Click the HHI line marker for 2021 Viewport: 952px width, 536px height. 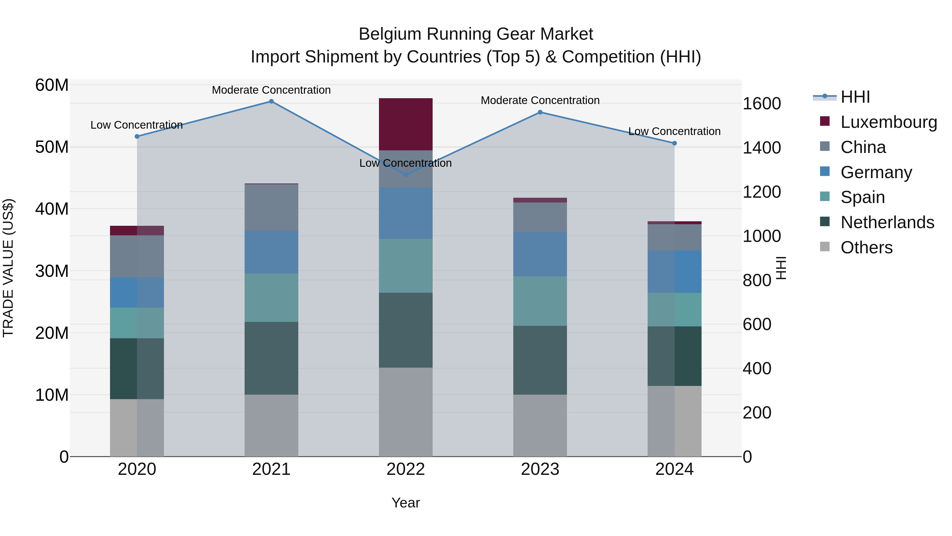271,101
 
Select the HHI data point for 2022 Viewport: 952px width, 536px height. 405,175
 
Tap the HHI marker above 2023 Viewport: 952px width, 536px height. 540,112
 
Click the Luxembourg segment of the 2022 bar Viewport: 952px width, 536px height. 405,124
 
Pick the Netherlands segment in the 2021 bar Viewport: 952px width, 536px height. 271,358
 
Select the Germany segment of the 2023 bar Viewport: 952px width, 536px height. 540,254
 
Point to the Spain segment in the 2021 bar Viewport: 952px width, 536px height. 271,298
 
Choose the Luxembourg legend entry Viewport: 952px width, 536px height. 889,122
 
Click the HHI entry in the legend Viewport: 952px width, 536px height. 855,97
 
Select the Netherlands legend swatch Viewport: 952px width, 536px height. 825,222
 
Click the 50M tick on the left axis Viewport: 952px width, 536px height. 52,147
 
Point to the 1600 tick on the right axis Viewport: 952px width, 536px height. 762,103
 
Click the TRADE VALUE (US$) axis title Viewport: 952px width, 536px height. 8,268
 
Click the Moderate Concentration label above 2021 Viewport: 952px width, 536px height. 271,90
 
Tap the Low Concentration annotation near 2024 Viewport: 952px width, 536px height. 674,131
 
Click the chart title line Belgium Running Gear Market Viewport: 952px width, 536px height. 476,34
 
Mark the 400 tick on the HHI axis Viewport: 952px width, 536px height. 757,368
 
